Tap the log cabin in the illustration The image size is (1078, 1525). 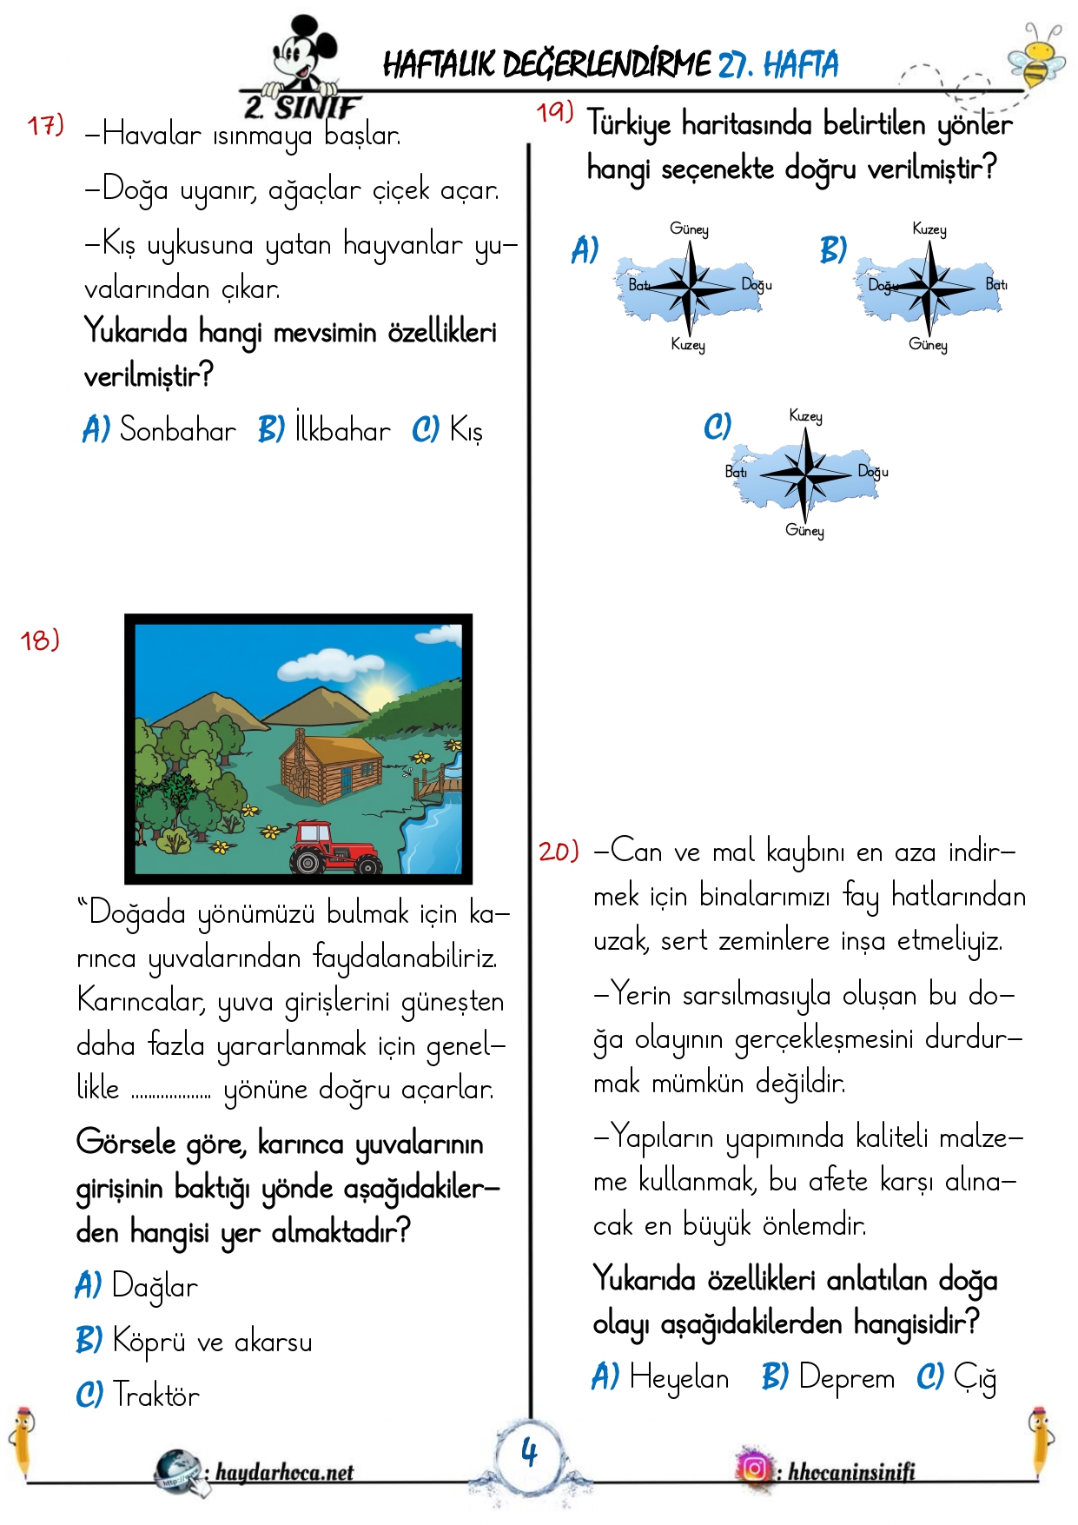(x=331, y=766)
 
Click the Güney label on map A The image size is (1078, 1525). (x=689, y=229)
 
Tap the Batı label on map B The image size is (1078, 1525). (x=995, y=284)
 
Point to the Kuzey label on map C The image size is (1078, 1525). (x=805, y=416)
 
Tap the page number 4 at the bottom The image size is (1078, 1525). (x=529, y=1452)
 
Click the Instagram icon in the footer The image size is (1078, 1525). (x=754, y=1469)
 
